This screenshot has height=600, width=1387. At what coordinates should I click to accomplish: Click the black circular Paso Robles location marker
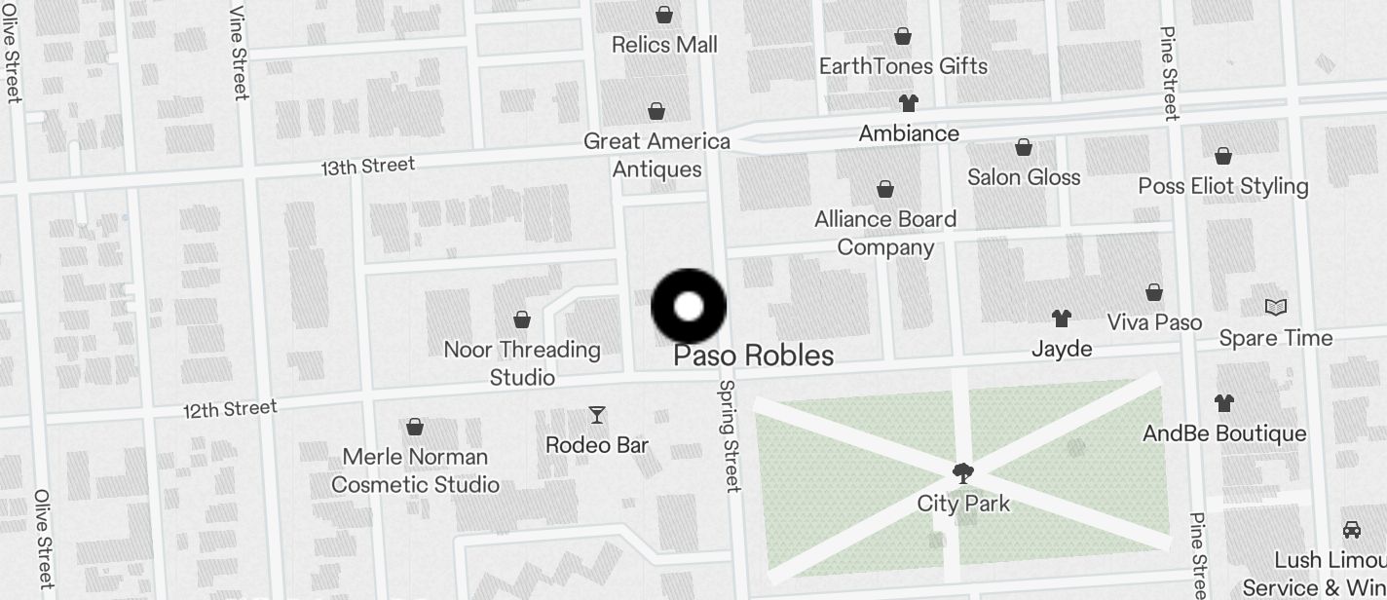pyautogui.click(x=689, y=306)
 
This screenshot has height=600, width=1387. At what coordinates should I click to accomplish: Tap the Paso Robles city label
pyautogui.click(x=753, y=356)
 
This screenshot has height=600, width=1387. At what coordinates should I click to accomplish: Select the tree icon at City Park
pyautogui.click(x=963, y=473)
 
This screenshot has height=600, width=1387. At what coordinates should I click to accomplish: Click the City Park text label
pyautogui.click(x=963, y=504)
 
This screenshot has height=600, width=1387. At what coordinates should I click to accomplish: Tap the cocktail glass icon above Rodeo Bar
pyautogui.click(x=597, y=415)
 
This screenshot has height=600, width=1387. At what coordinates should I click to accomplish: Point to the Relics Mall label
pyautogui.click(x=664, y=45)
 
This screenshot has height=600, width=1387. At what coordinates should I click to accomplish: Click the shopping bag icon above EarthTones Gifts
pyautogui.click(x=903, y=37)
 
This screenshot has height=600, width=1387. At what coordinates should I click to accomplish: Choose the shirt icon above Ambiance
pyautogui.click(x=908, y=103)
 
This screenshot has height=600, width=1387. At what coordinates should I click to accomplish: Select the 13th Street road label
pyautogui.click(x=368, y=167)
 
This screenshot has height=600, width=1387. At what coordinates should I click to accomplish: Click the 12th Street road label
pyautogui.click(x=230, y=409)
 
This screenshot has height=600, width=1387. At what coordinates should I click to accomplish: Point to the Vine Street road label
pyautogui.click(x=240, y=53)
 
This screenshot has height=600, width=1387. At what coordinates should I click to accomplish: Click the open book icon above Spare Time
pyautogui.click(x=1276, y=308)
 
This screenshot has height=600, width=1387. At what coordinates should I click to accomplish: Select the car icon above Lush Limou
pyautogui.click(x=1352, y=529)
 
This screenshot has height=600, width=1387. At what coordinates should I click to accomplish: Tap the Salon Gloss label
pyautogui.click(x=1024, y=177)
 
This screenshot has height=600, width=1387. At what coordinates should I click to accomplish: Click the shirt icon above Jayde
pyautogui.click(x=1062, y=318)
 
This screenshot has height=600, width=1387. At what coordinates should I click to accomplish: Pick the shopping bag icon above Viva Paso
pyautogui.click(x=1154, y=292)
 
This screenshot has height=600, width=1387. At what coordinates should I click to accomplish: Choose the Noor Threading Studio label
pyautogui.click(x=522, y=362)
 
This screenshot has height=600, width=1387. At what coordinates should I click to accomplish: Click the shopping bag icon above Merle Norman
pyautogui.click(x=414, y=427)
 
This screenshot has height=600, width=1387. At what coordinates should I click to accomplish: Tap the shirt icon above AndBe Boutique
pyautogui.click(x=1224, y=402)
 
